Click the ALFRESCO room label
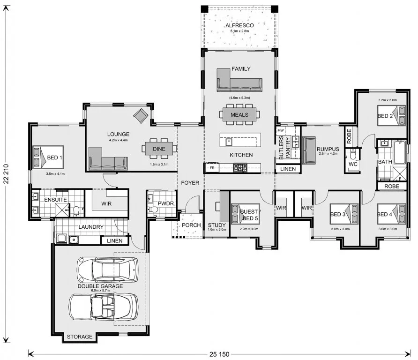click(239, 25)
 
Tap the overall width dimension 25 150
click(219, 354)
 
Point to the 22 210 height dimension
click(6, 174)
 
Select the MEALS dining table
click(239, 115)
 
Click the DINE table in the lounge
click(159, 149)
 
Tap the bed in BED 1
click(48, 157)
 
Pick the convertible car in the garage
click(104, 307)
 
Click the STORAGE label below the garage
click(80, 337)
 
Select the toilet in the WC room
click(353, 154)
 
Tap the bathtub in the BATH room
click(400, 153)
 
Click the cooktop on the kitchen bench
click(240, 168)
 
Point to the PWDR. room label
click(166, 204)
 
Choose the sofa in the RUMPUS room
click(309, 150)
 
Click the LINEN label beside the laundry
click(115, 241)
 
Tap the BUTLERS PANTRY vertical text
click(284, 148)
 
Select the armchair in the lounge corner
click(141, 116)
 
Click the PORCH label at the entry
click(191, 225)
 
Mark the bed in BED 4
click(391, 214)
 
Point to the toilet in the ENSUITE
click(76, 210)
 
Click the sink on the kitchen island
click(229, 142)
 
